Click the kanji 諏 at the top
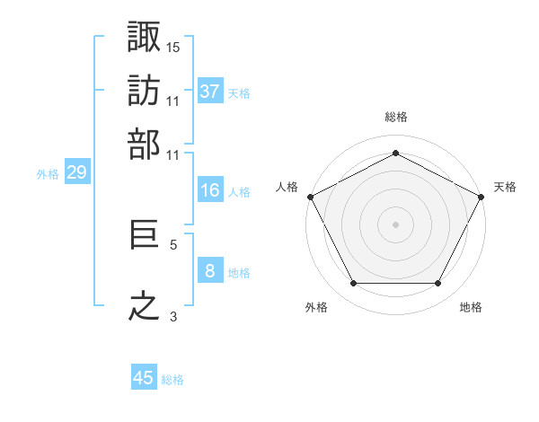pyautogui.click(x=145, y=37)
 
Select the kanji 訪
pyautogui.click(x=145, y=91)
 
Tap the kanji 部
pyautogui.click(x=145, y=144)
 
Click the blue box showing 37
pyautogui.click(x=210, y=92)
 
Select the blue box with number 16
pyautogui.click(x=210, y=190)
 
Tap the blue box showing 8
pyautogui.click(x=210, y=271)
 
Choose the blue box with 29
pyautogui.click(x=76, y=173)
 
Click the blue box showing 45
pyautogui.click(x=144, y=378)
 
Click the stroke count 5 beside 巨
pyautogui.click(x=173, y=243)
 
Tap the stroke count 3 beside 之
pyautogui.click(x=173, y=315)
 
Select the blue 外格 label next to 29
pyautogui.click(x=48, y=174)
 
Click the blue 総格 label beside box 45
pyautogui.click(x=173, y=380)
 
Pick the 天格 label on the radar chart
pyautogui.click(x=505, y=187)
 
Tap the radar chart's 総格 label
pyautogui.click(x=395, y=117)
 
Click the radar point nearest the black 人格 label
pyautogui.click(x=310, y=197)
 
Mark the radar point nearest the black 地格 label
pyautogui.click(x=438, y=284)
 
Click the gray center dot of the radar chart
pyautogui.click(x=395, y=224)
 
